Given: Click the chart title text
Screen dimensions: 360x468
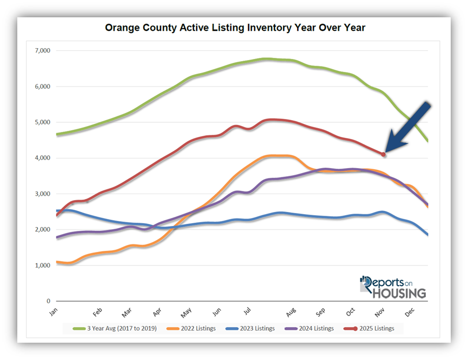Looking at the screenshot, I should point(235,28).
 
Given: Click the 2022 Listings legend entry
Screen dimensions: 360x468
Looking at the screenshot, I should point(193,328).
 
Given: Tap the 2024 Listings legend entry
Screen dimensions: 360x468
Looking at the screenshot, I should point(313,328).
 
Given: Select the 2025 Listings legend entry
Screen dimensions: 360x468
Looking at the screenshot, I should point(373,328).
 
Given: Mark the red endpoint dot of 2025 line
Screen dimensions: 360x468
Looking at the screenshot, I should point(383,155).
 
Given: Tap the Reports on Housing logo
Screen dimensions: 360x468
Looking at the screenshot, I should point(393,288).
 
